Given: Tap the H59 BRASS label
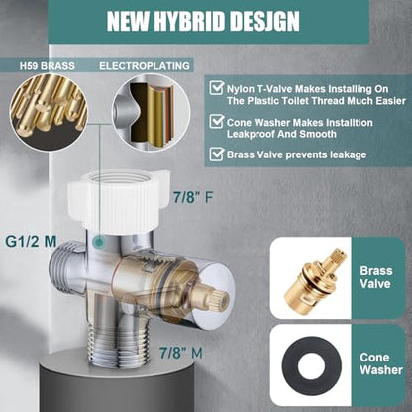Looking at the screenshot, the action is click(48, 66).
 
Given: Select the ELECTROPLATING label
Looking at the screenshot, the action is click(145, 66).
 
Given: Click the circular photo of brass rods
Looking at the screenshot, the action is click(49, 112).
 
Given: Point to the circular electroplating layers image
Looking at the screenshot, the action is click(152, 112).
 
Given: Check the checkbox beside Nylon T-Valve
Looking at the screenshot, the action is click(217, 88).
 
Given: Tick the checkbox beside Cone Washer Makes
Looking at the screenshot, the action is click(217, 122).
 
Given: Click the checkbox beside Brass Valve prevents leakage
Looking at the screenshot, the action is click(217, 154).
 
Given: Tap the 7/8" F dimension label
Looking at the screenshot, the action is click(193, 197).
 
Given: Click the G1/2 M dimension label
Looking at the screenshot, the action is click(31, 242).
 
